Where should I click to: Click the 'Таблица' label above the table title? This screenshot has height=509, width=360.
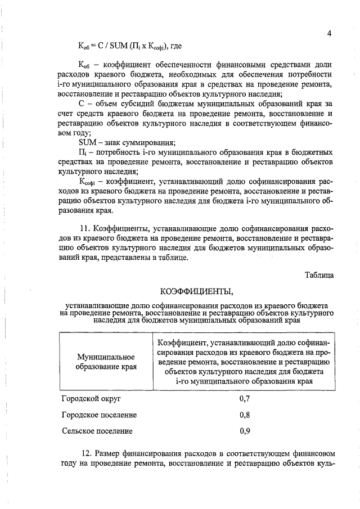(319, 276)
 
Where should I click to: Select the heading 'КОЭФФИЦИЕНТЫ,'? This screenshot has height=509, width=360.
(195, 292)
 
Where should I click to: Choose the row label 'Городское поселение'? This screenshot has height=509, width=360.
(99, 415)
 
